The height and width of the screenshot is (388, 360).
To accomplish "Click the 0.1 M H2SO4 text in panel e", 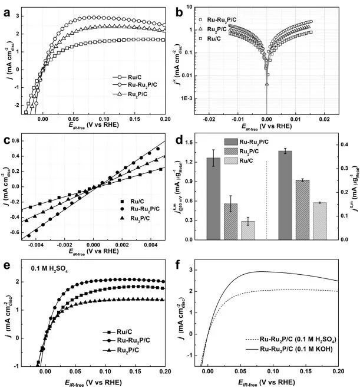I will (57, 269).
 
